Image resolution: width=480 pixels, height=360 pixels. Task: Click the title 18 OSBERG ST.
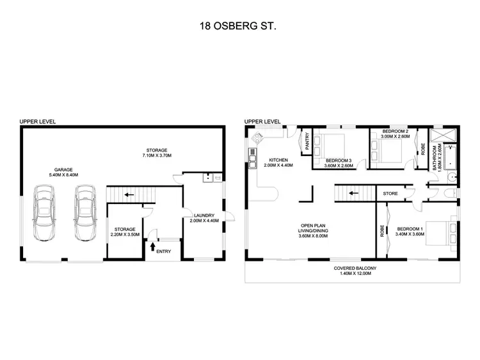[x=239, y=28]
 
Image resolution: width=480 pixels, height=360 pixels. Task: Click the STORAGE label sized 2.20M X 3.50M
[x=125, y=228]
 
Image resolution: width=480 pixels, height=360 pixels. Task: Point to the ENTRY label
[x=163, y=251]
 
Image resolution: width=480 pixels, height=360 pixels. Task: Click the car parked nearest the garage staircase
[x=84, y=214]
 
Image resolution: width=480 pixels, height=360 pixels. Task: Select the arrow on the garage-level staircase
[x=129, y=194]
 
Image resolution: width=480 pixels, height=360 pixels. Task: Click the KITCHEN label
[x=278, y=160]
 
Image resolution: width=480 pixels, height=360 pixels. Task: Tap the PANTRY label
[x=307, y=141]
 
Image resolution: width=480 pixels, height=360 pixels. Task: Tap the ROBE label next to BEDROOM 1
[x=382, y=230]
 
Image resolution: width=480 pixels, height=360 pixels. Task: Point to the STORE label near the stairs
[x=390, y=193]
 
